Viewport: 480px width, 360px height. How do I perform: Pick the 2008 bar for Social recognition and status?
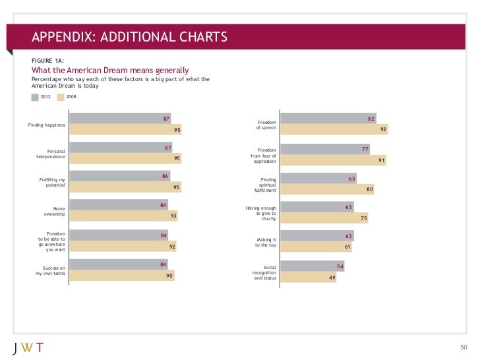[308, 278]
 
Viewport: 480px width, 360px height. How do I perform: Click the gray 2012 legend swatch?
[35, 97]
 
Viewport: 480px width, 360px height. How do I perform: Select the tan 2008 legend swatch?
[61, 97]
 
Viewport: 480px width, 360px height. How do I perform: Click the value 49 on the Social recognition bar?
[332, 278]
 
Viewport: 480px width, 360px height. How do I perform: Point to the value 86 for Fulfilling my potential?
[165, 176]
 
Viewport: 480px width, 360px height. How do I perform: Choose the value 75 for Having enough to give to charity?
[363, 218]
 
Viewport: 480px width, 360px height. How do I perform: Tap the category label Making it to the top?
[266, 242]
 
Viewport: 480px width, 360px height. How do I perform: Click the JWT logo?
[28, 347]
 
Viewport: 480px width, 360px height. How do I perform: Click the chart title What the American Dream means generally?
[110, 70]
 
